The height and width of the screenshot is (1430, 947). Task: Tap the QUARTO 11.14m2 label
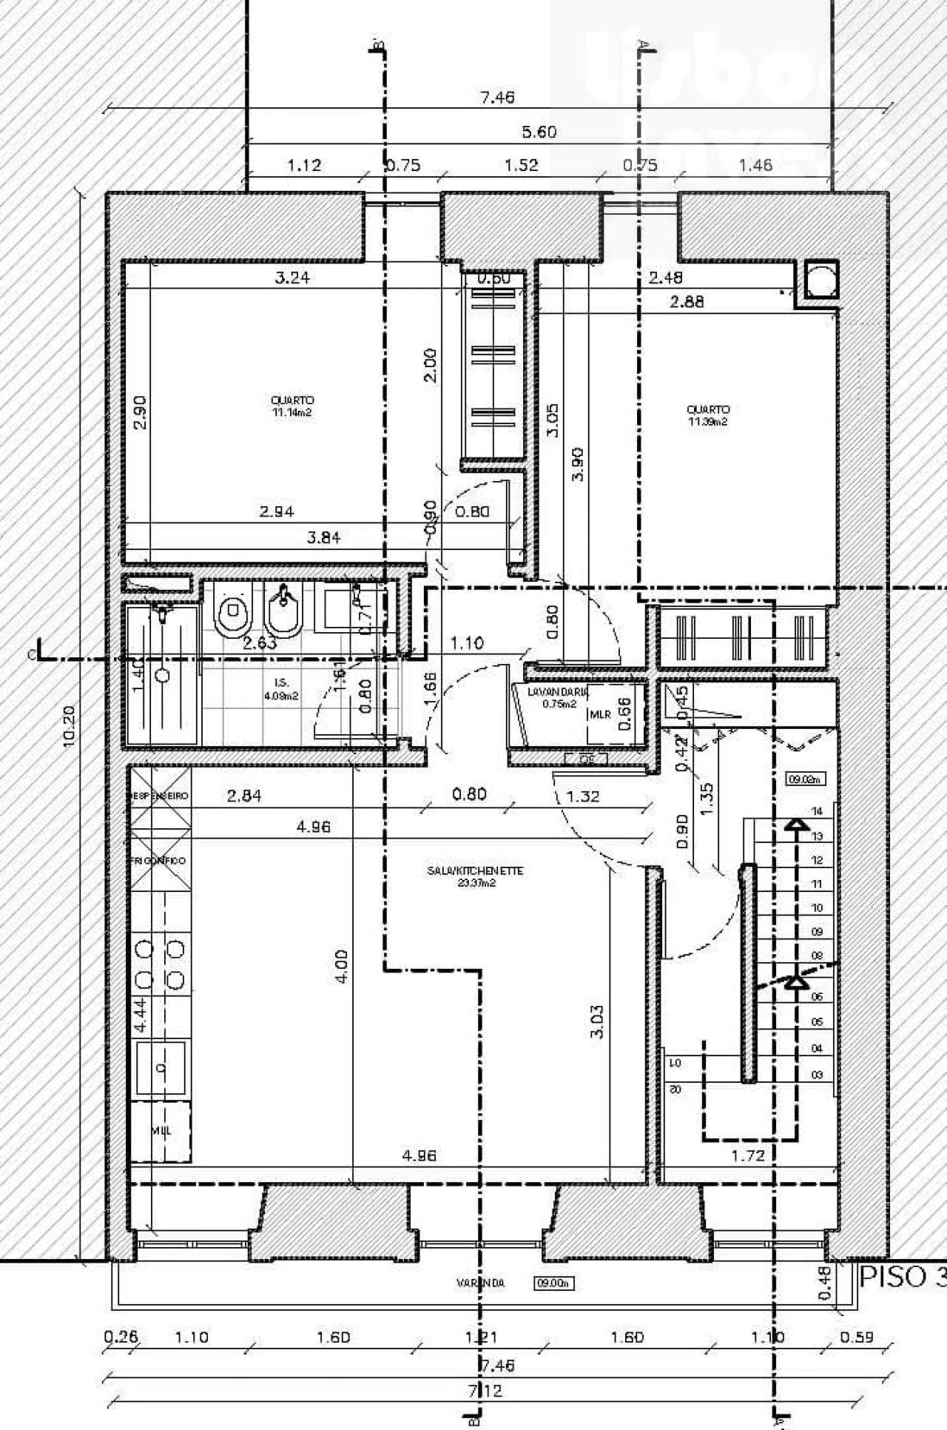(292, 406)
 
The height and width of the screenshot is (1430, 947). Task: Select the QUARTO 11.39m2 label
(707, 415)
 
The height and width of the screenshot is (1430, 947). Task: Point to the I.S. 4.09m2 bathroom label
(280, 688)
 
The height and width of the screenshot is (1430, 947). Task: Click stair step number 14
(817, 811)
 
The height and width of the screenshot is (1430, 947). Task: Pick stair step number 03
(817, 1075)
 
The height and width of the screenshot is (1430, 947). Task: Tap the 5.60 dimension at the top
(539, 132)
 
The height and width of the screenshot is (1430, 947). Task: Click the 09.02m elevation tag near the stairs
(805, 778)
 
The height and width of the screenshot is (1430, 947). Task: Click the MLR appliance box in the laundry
(600, 715)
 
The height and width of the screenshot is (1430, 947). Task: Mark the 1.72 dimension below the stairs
(747, 1155)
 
